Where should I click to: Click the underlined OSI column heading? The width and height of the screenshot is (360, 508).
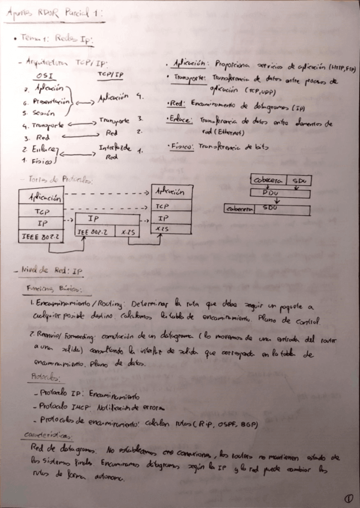(x=44, y=76)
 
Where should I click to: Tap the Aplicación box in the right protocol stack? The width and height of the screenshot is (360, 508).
(x=172, y=192)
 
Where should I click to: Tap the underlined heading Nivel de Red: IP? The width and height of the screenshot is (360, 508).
(x=53, y=271)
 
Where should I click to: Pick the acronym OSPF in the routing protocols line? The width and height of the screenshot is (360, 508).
(x=226, y=426)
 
